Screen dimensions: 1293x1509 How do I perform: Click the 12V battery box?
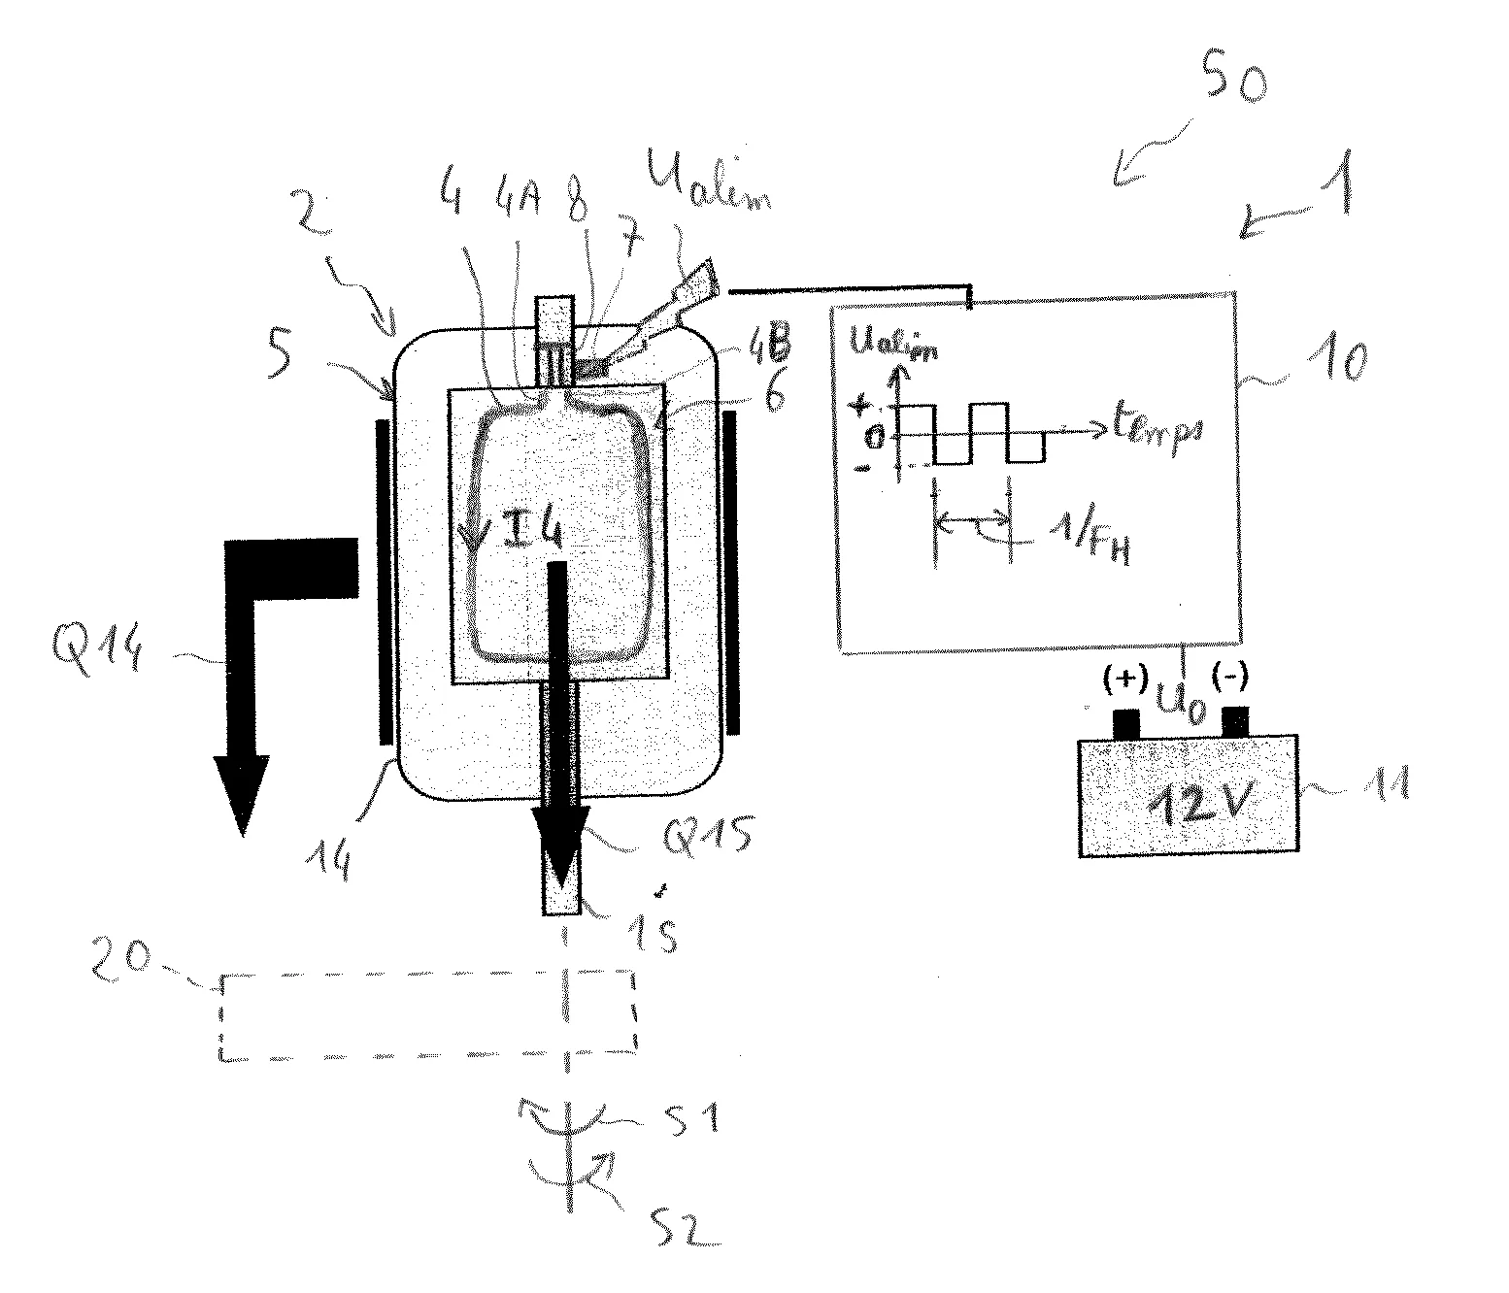coord(1188,796)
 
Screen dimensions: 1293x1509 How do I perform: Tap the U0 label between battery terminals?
coord(1184,707)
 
